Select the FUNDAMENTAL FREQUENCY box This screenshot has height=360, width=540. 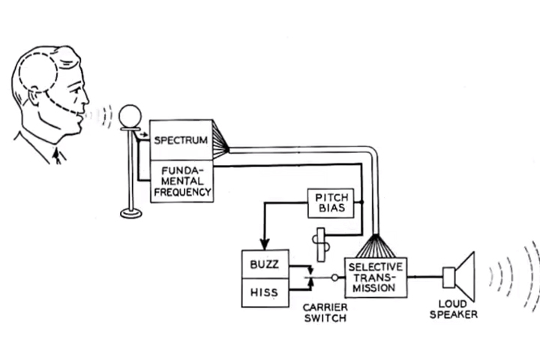(181, 181)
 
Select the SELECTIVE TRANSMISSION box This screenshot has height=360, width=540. (376, 277)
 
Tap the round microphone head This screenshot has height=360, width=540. (131, 116)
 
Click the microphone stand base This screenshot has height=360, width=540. (131, 213)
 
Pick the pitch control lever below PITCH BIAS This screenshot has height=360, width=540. (322, 243)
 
